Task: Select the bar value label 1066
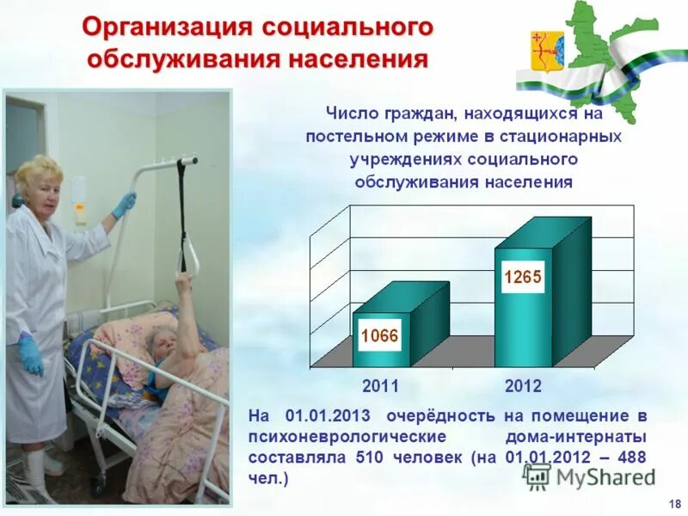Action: pyautogui.click(x=378, y=335)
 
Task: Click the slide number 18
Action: pyautogui.click(x=673, y=503)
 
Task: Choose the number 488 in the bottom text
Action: pyautogui.click(x=630, y=458)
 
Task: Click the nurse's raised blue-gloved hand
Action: pyautogui.click(x=124, y=205)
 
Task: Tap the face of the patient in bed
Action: pyautogui.click(x=162, y=351)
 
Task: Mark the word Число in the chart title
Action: pyautogui.click(x=348, y=114)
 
